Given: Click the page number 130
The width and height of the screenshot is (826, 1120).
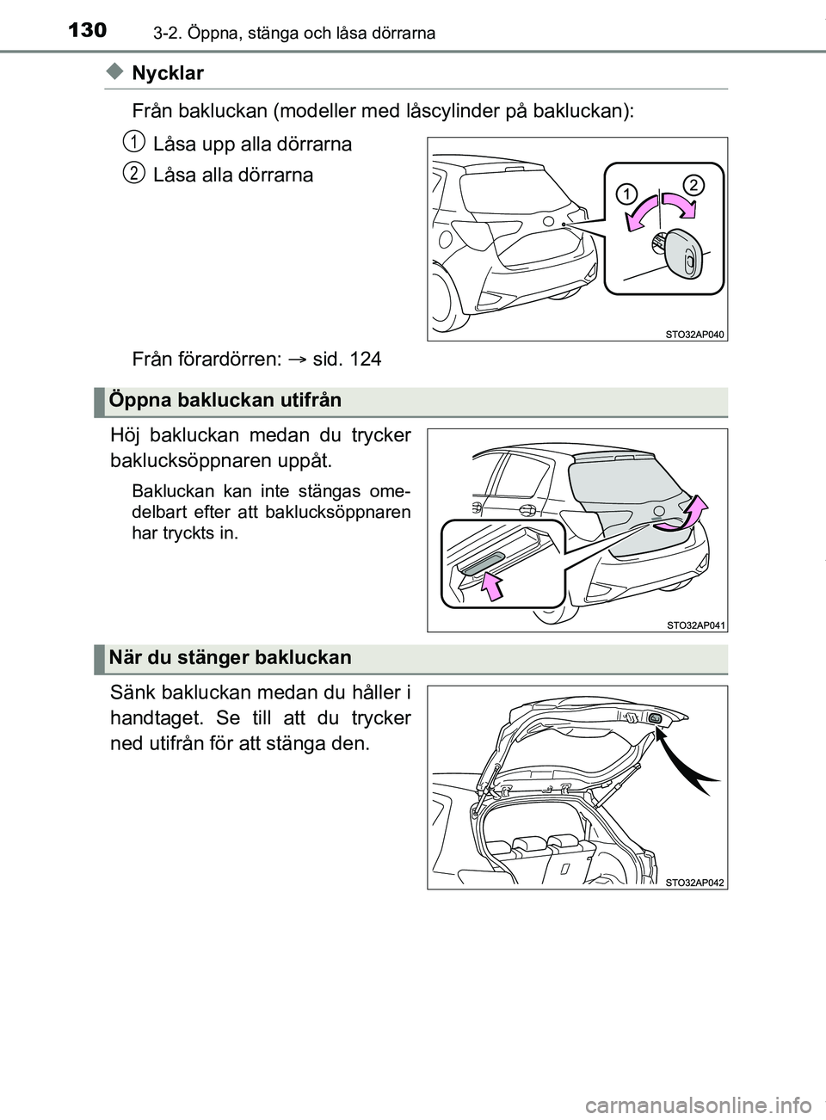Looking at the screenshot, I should [87, 31].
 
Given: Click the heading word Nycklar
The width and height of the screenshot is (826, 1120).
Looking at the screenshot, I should [168, 74].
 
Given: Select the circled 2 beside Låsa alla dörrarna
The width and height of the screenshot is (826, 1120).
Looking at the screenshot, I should [132, 173].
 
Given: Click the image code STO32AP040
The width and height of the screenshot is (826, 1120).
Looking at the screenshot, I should [695, 335].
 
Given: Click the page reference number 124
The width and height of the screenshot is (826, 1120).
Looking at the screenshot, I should [365, 359].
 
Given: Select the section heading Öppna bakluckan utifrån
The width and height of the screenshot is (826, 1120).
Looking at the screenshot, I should [225, 400].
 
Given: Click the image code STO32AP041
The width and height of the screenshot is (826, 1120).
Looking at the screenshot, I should [695, 625].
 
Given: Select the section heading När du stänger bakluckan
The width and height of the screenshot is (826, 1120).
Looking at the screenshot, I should [231, 658].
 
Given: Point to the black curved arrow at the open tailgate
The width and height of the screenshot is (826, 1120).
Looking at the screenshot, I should [691, 762].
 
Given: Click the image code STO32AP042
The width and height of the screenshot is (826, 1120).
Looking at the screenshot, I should [695, 883].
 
